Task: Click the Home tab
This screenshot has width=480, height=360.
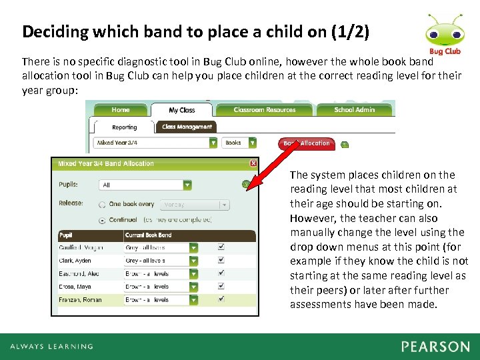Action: (x=121, y=110)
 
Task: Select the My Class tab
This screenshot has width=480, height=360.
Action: (x=182, y=110)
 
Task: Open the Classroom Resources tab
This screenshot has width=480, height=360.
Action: (x=265, y=110)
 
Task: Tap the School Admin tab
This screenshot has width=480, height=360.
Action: (x=354, y=110)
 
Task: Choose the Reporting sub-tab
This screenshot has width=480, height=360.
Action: (x=125, y=127)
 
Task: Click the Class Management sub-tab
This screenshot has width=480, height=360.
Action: (x=187, y=126)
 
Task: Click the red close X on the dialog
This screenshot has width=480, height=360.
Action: (x=253, y=163)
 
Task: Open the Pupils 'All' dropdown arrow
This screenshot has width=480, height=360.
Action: (x=187, y=185)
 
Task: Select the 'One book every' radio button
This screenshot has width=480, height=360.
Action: (x=102, y=205)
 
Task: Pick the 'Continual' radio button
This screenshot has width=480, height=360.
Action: (x=102, y=220)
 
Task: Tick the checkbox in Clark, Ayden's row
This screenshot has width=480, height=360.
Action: (x=221, y=260)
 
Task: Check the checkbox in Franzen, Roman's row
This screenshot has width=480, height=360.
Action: (x=221, y=300)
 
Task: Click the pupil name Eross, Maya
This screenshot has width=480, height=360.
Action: (x=75, y=287)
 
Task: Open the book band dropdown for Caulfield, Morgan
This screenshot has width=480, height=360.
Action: (x=193, y=247)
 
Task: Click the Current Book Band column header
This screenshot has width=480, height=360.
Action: (x=148, y=235)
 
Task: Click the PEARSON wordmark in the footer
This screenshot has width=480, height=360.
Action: (x=435, y=347)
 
